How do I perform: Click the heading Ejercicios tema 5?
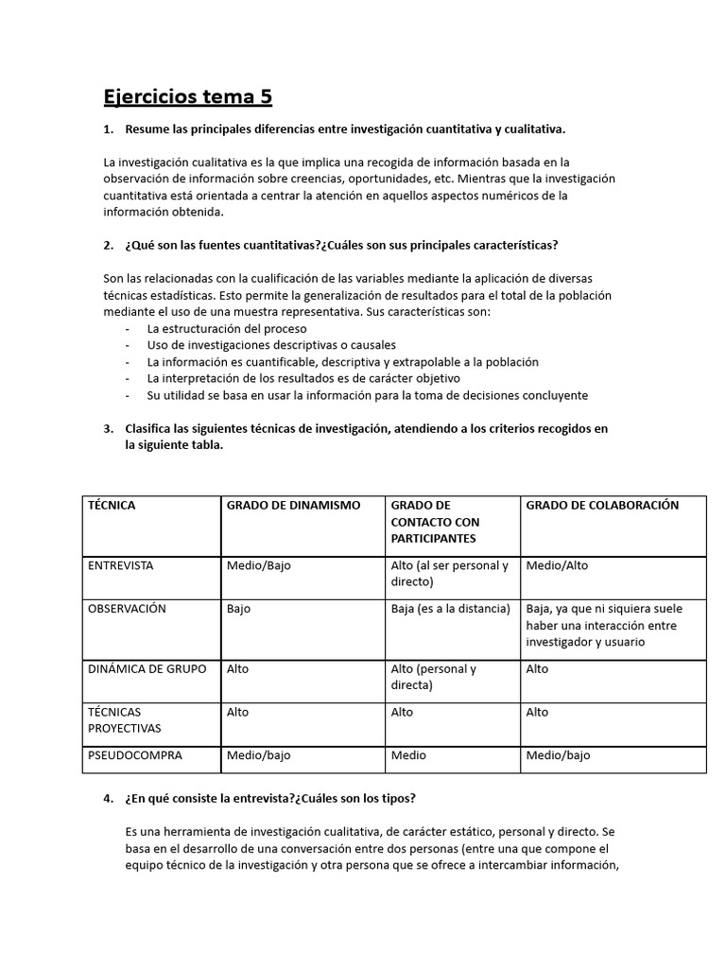tap(187, 96)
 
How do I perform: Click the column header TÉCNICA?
tap(112, 506)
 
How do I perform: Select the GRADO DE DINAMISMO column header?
tap(293, 506)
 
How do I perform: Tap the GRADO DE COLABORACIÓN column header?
tap(602, 506)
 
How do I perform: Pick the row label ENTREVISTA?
tap(120, 566)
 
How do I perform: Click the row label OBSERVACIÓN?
tap(127, 609)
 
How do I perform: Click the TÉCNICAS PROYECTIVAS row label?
tap(124, 720)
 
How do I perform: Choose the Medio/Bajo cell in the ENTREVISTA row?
tap(259, 566)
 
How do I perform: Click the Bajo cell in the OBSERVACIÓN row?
tap(238, 609)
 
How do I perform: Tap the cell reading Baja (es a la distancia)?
tap(450, 609)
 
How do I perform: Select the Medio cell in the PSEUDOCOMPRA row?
tap(408, 755)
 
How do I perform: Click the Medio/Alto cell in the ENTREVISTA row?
tap(557, 566)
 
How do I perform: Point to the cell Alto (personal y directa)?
tap(434, 677)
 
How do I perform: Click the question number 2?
tap(109, 245)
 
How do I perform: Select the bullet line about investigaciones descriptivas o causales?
tap(271, 345)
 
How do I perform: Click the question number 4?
tap(109, 798)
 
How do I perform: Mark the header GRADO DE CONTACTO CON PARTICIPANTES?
tap(435, 522)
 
